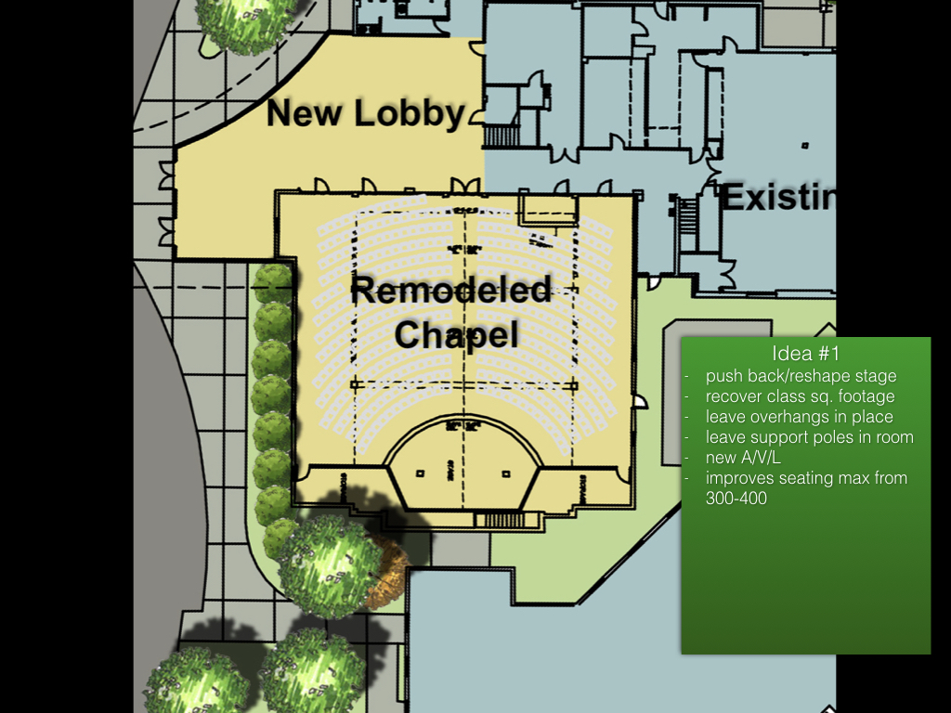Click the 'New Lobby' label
point(365,113)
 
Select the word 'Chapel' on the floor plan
point(456,334)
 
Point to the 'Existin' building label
point(778,198)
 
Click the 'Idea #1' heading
point(804,354)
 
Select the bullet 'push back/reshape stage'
point(801,376)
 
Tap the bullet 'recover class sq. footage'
point(800,396)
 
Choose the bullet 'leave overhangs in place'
point(799,417)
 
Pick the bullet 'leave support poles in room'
point(809,437)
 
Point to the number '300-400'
point(736,499)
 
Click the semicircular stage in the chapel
point(462,464)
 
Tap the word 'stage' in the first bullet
point(878,376)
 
